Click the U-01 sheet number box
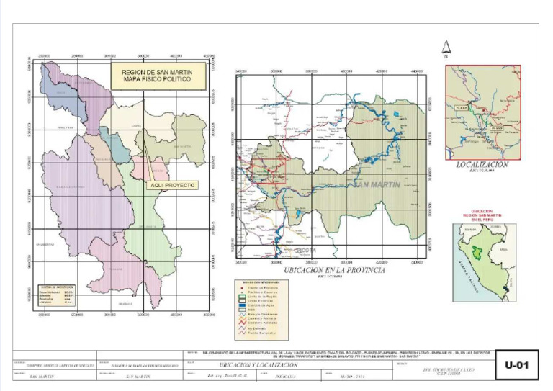tap(518, 366)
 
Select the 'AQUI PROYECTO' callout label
tap(170, 185)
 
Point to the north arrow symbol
tap(446, 48)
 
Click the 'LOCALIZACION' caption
tap(482, 165)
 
